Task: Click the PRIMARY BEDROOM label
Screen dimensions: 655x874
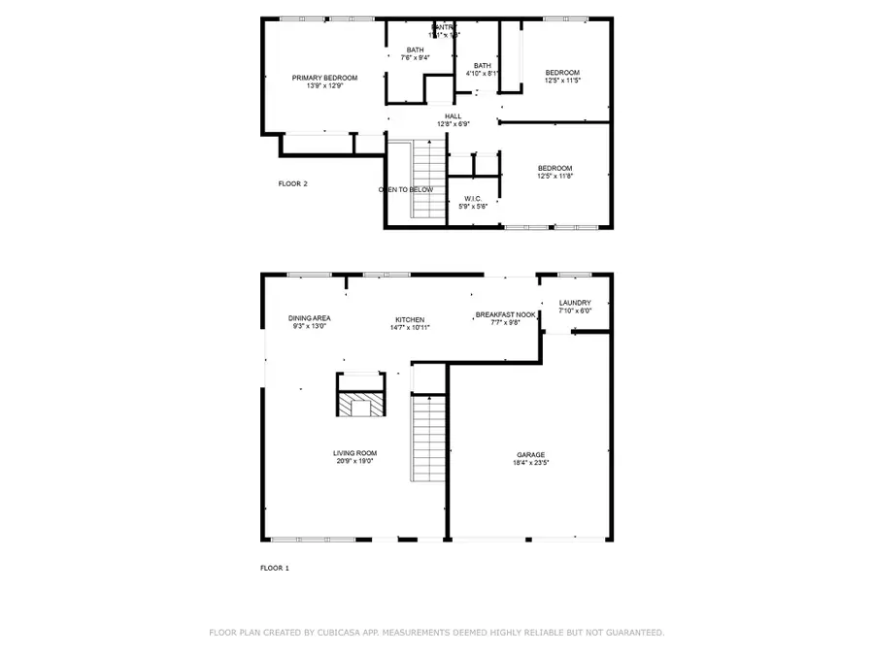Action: pos(325,78)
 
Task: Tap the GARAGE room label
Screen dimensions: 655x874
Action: pos(530,454)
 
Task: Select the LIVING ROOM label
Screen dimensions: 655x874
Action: pos(354,453)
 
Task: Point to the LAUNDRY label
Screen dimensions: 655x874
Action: pos(575,303)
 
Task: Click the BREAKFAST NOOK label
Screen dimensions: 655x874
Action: pos(505,314)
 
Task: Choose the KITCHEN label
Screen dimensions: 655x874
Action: pos(410,320)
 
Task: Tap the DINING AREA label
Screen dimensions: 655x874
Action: pos(310,318)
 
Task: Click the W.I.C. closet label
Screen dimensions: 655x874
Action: pos(473,199)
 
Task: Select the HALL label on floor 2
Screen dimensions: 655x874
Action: pos(454,116)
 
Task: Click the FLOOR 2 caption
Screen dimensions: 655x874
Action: pos(292,183)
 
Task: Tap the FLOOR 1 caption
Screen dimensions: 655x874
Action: pos(275,568)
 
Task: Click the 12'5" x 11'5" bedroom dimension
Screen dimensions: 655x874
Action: pos(562,81)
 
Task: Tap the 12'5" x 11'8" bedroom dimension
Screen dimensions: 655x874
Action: pos(555,176)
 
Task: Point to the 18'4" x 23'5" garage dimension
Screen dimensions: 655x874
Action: pos(530,463)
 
